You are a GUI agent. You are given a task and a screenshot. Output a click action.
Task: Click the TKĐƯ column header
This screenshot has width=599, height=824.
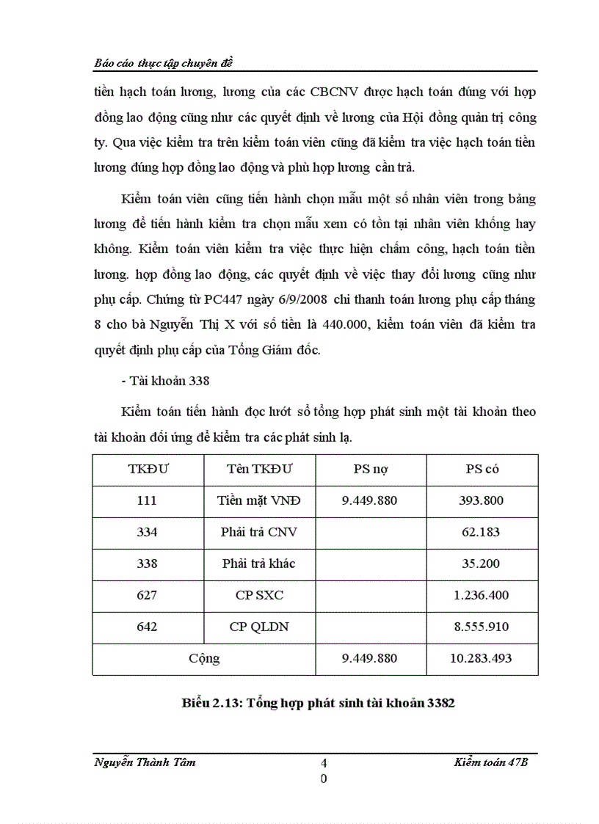pos(147,470)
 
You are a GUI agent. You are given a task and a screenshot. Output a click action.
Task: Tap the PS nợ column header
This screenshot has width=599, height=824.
pos(370,470)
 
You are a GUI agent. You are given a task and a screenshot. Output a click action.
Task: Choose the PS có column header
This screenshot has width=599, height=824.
pos(482,470)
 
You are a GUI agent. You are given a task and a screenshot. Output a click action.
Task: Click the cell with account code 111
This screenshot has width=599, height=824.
pos(147,501)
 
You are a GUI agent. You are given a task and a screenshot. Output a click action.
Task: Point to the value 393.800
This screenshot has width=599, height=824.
pos(482,501)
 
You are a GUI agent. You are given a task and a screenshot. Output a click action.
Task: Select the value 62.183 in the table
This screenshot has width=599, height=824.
pos(482,533)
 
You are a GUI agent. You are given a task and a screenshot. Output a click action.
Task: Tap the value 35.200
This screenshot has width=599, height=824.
pos(482,564)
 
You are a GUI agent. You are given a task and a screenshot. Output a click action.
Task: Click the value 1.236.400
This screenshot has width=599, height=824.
pos(482,595)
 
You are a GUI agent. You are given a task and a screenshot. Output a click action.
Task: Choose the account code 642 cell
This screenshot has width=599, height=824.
pos(147,627)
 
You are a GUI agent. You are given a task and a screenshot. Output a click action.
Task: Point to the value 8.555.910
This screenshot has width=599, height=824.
pos(482,627)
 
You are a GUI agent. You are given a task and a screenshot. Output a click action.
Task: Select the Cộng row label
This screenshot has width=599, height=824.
pos(204,659)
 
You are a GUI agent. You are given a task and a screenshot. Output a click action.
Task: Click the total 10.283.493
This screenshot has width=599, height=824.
pos(482,659)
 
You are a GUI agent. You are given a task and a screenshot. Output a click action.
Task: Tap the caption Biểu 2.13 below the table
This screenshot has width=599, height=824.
pos(318,703)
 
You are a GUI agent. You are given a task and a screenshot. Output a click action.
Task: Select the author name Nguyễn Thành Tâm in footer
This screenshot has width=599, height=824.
pos(145,762)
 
